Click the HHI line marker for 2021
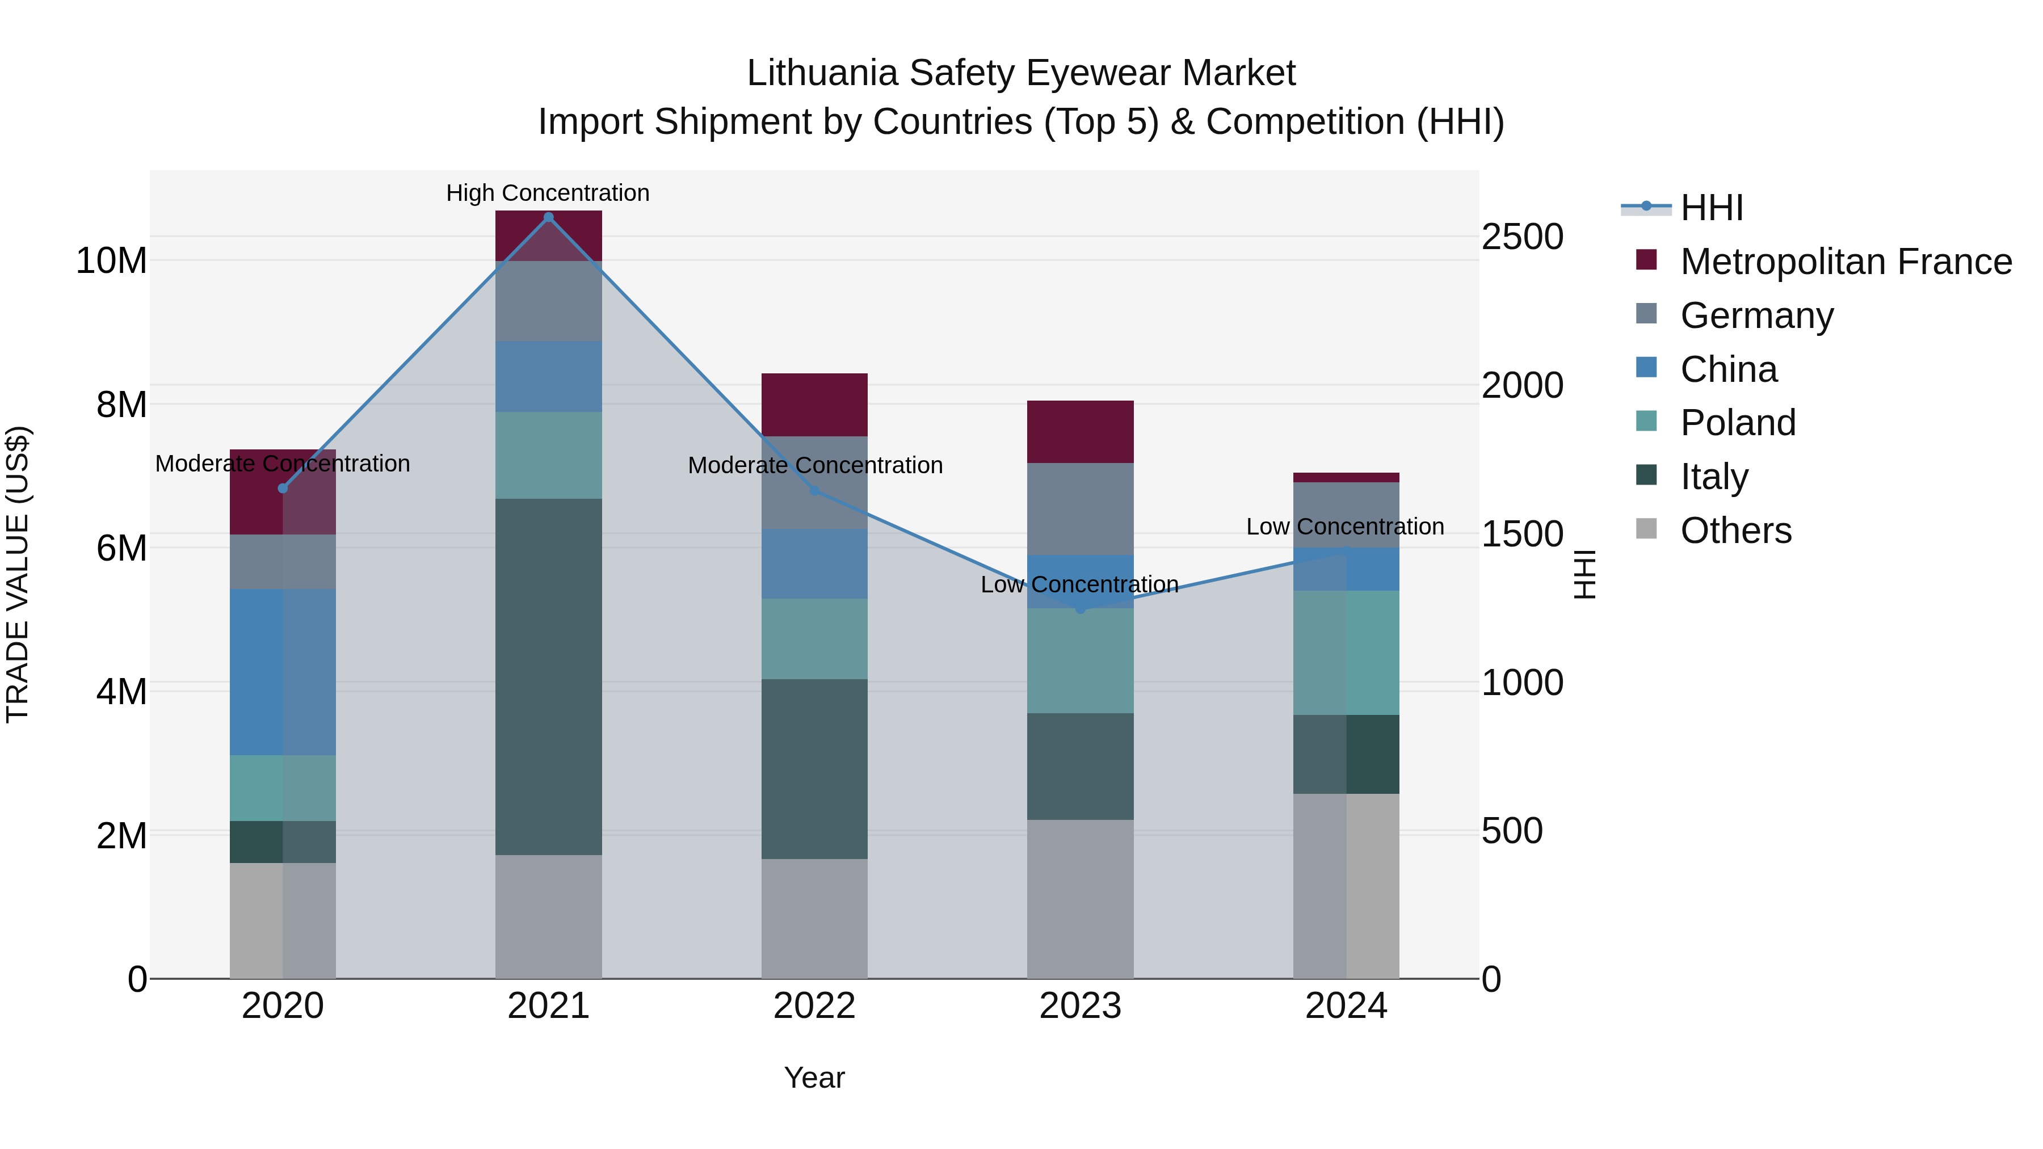[548, 217]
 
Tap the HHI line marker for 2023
[1080, 609]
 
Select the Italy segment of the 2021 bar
[548, 676]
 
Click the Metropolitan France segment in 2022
[814, 405]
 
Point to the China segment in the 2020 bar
[283, 672]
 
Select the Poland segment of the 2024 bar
[1346, 653]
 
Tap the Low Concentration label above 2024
[1345, 527]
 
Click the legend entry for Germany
[1756, 315]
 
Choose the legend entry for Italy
[1714, 477]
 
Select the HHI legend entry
[1712, 208]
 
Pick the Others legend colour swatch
[1646, 529]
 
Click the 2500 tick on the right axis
[1522, 237]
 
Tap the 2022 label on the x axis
[814, 1006]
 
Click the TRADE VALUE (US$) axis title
[18, 574]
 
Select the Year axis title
[814, 1078]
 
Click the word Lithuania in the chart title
[822, 73]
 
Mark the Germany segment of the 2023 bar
[1080, 508]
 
